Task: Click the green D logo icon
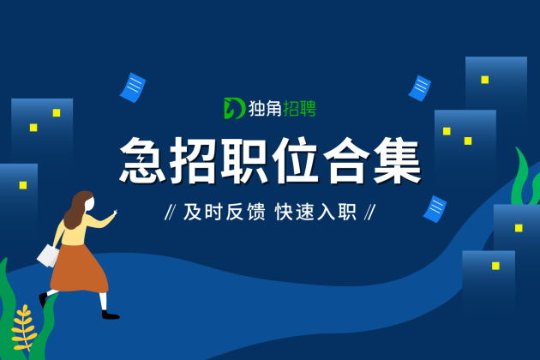(x=234, y=108)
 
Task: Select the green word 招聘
(x=299, y=109)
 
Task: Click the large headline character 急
(x=142, y=159)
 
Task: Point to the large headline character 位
(x=295, y=159)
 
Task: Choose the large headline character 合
(x=346, y=159)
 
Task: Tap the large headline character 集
(x=397, y=159)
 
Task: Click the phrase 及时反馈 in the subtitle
(x=225, y=212)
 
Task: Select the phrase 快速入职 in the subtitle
(x=315, y=212)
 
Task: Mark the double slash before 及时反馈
(x=171, y=212)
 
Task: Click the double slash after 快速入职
(x=370, y=212)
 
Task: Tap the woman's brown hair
(x=77, y=209)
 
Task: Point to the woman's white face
(x=91, y=204)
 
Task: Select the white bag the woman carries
(x=48, y=255)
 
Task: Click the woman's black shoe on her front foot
(x=111, y=315)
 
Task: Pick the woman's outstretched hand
(x=115, y=213)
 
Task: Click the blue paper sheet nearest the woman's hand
(x=133, y=87)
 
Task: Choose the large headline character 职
(x=243, y=159)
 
